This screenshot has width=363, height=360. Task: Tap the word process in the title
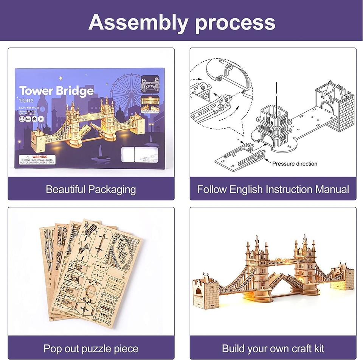pos(235,23)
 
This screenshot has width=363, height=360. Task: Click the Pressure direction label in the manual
pos(295,164)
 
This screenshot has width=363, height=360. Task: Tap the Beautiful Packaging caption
pos(91,189)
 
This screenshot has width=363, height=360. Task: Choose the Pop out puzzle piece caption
pos(91,348)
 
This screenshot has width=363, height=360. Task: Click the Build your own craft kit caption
pos(273,348)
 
